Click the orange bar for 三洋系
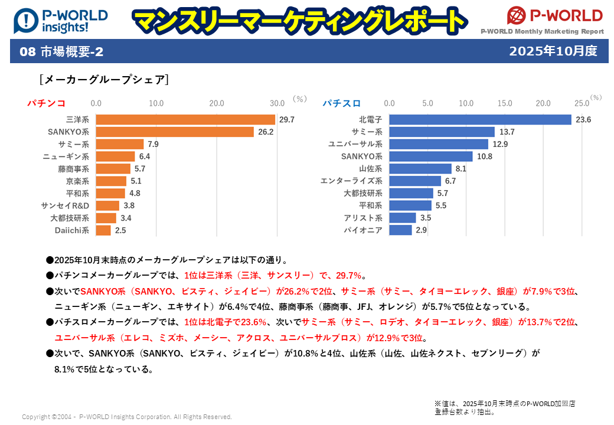click(185, 120)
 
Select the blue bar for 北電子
click(480, 120)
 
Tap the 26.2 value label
click(266, 132)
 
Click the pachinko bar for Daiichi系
click(103, 230)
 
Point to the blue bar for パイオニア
click(400, 230)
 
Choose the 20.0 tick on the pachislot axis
click(543, 103)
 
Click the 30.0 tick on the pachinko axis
click(277, 103)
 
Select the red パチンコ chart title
click(46, 103)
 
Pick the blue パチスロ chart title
click(341, 103)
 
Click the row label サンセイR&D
click(65, 206)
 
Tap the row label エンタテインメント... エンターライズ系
click(351, 181)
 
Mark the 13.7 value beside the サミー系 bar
click(507, 132)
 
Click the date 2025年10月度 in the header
click(553, 51)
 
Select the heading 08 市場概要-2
click(61, 52)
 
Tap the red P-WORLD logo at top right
click(554, 16)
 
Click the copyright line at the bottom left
click(127, 417)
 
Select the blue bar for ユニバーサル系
click(439, 145)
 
